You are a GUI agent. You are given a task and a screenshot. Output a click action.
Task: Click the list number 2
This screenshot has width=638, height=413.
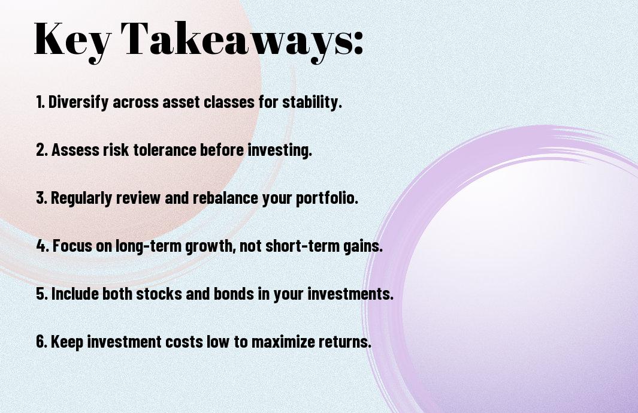point(41,150)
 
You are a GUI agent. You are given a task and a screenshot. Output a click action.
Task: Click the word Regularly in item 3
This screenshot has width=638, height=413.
point(81,198)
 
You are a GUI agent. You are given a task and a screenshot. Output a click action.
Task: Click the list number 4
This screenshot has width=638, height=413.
point(42,246)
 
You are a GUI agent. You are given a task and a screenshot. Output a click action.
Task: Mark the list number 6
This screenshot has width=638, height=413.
point(41,342)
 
